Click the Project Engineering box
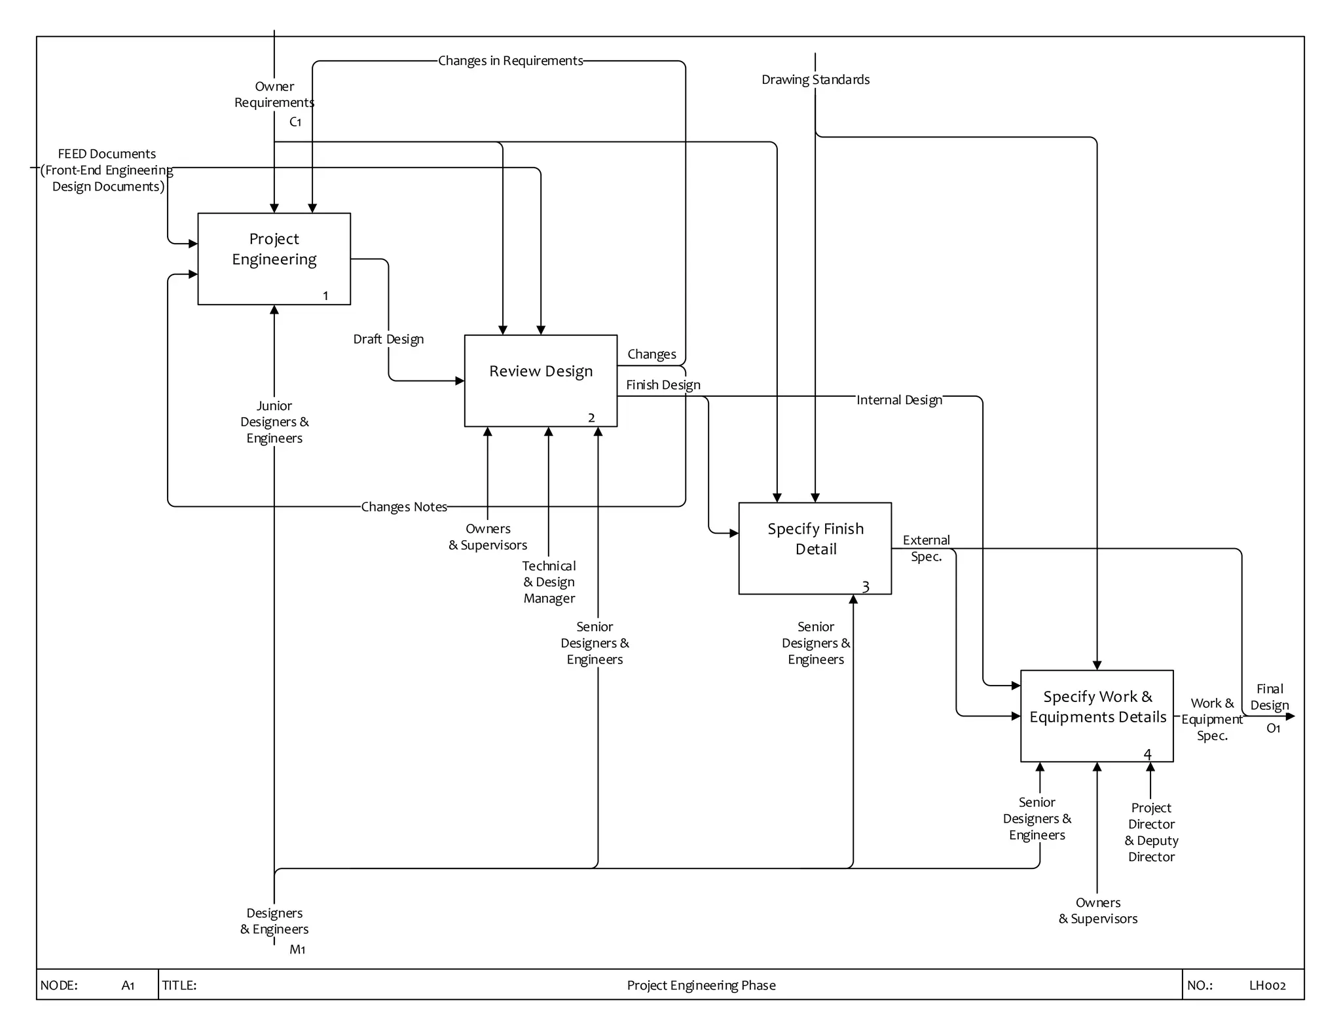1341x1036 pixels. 274,258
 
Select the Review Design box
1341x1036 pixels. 540,380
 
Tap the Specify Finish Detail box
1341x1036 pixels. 815,548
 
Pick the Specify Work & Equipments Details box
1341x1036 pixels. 1097,715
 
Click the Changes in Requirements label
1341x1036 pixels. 510,61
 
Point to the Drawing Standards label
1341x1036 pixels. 815,80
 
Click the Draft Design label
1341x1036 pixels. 388,339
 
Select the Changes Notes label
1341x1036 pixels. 404,507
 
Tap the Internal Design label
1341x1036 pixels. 899,400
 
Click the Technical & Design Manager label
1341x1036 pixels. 549,582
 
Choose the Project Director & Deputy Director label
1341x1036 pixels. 1151,832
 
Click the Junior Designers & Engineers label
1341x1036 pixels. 274,422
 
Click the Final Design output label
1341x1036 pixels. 1269,697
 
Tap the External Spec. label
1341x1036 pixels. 926,548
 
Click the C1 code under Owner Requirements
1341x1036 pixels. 295,122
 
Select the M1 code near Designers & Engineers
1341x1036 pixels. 297,950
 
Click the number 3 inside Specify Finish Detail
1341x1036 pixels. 865,587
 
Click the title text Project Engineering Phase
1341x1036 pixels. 701,986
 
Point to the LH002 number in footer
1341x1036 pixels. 1267,986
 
